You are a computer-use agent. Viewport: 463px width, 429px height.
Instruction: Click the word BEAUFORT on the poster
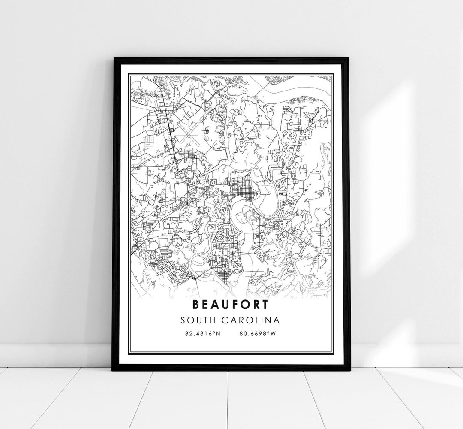pos(231,305)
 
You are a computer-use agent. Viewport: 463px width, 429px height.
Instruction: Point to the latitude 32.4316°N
pos(202,333)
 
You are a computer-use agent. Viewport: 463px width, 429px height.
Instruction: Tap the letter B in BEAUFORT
pos(197,305)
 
